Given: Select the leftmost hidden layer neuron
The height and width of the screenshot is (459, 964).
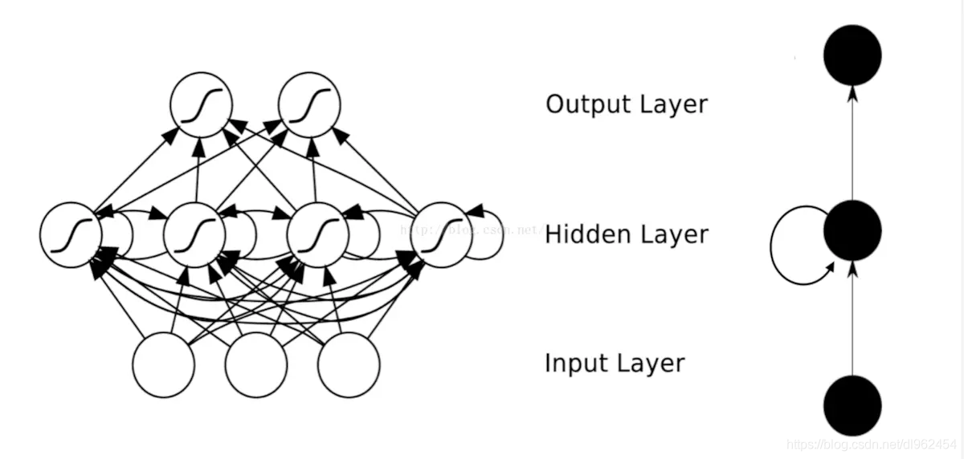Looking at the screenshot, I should (71, 234).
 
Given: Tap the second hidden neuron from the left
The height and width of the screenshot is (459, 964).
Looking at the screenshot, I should (194, 234).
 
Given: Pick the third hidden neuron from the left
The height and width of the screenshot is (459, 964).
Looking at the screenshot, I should (318, 234).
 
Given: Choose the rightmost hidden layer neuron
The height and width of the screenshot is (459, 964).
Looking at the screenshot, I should (442, 234).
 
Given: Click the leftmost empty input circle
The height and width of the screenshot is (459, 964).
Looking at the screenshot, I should (164, 365).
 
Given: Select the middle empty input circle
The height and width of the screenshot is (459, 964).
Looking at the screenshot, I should (256, 365).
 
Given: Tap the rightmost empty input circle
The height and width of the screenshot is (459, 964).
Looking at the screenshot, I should (349, 365).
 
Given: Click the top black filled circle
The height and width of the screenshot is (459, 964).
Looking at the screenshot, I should (852, 55).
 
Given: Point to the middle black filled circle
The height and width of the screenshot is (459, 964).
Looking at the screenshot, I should (852, 230).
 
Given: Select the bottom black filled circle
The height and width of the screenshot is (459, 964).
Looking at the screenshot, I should (852, 405).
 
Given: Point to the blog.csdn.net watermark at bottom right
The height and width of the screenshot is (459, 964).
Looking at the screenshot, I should (871, 443).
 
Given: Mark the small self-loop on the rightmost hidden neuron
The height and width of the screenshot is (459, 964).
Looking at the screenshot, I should (487, 234).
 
